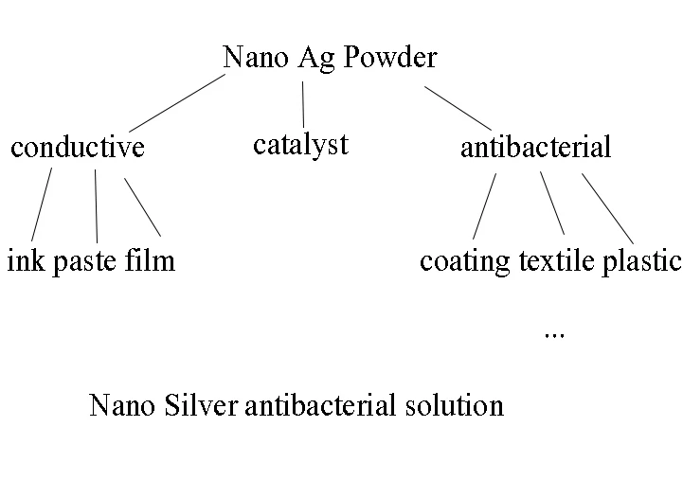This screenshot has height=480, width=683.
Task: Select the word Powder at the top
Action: click(390, 57)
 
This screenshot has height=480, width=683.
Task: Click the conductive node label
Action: click(78, 147)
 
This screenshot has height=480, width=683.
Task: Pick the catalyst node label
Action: click(301, 145)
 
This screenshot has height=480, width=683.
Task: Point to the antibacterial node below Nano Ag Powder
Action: click(535, 147)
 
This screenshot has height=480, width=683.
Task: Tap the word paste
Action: click(84, 260)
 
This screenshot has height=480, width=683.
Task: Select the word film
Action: click(150, 259)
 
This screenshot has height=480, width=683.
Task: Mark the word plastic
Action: click(642, 260)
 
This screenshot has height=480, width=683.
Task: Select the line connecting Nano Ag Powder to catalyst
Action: click(303, 104)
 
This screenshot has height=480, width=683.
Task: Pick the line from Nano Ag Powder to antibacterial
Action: click(458, 107)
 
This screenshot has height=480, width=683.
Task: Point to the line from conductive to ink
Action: click(42, 204)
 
